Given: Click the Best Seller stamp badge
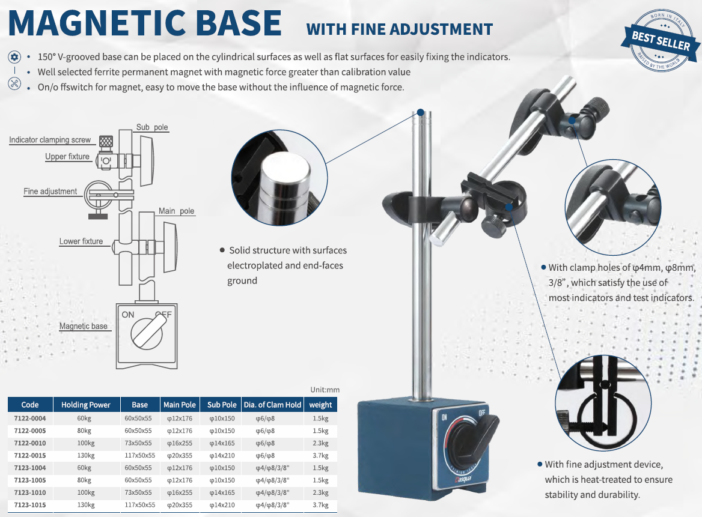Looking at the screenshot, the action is [661, 41].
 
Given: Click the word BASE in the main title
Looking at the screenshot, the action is [239, 23].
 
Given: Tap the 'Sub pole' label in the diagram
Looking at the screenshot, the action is [152, 127].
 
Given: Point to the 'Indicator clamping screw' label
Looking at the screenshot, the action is [50, 140].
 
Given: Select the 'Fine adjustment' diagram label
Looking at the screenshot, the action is [50, 192].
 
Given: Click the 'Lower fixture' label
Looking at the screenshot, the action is [81, 241].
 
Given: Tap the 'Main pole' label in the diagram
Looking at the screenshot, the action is [176, 211].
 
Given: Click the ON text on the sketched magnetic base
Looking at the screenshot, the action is [128, 315].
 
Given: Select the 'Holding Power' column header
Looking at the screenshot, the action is [86, 405].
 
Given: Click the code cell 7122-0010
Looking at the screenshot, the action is [30, 443].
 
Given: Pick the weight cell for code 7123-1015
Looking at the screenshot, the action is [320, 505].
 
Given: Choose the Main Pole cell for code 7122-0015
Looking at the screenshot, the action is [180, 455].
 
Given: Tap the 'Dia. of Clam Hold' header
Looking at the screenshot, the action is [272, 405].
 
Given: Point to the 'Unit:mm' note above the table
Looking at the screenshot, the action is [325, 390].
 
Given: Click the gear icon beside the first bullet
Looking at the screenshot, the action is [14, 57].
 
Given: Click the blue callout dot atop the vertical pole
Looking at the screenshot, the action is [420, 112].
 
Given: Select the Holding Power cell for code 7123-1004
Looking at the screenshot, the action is [84, 468].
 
